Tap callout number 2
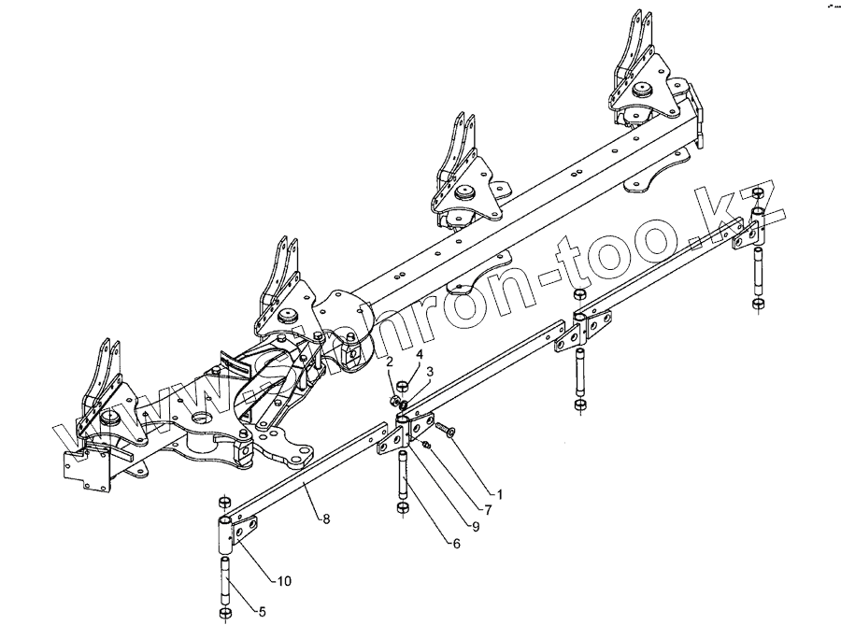click(391, 362)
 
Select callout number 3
click(430, 373)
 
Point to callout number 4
click(420, 355)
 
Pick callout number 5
click(261, 613)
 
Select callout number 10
click(284, 581)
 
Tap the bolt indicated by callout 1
click(443, 431)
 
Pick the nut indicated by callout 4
click(402, 385)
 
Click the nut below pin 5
click(224, 614)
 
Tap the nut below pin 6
click(402, 507)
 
